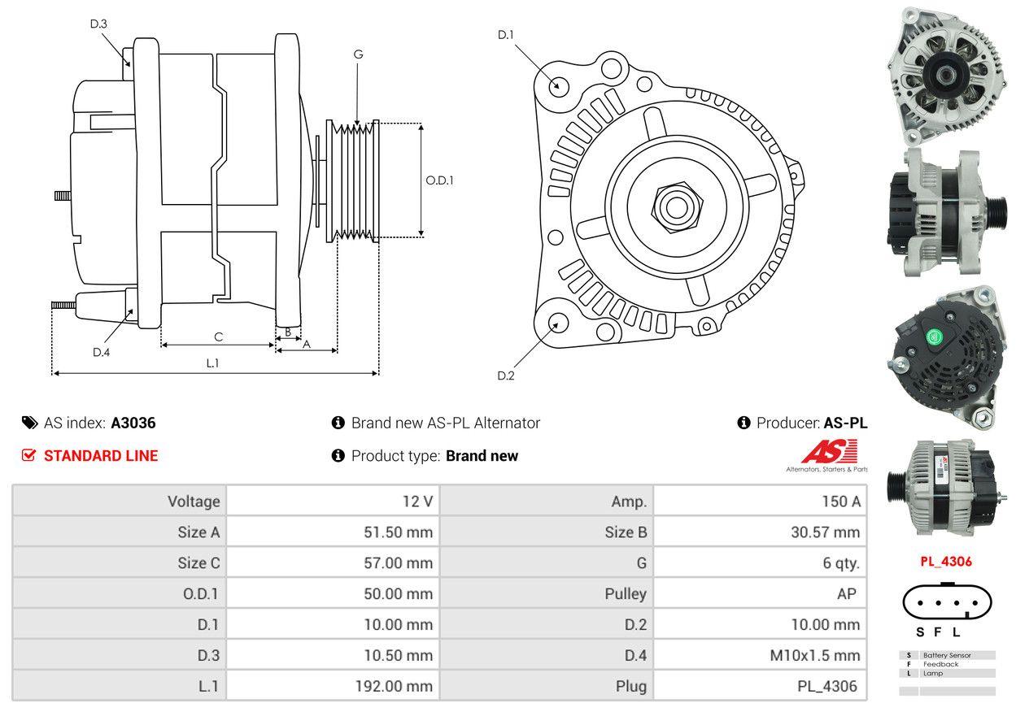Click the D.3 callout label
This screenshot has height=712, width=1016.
(98, 24)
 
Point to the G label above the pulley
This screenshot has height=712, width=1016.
(358, 54)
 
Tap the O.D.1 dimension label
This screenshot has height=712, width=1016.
(439, 180)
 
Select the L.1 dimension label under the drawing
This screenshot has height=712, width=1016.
(212, 363)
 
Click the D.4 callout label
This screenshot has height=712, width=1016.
(101, 352)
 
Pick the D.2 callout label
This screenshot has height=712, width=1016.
(506, 376)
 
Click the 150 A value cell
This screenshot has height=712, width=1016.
(840, 501)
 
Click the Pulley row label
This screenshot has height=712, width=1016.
(626, 594)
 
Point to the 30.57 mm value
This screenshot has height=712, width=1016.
(825, 532)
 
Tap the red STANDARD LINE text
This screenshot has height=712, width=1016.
(101, 456)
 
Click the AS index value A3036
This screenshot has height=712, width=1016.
(133, 423)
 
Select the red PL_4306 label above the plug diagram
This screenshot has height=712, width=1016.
(946, 561)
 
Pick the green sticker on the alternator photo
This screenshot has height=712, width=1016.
(932, 336)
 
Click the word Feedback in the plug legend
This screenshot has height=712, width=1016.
(940, 664)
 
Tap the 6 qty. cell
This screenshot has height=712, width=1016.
(839, 563)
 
